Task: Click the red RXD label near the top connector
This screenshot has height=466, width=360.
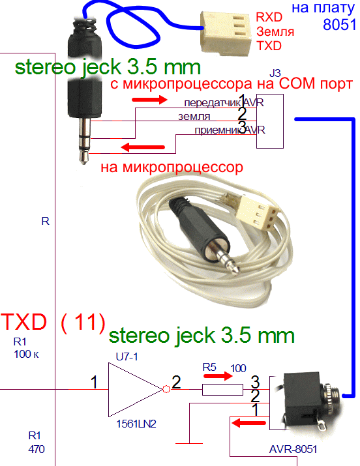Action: click(269, 17)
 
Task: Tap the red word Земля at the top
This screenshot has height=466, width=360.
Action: click(275, 31)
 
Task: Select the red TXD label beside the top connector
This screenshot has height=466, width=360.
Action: click(269, 46)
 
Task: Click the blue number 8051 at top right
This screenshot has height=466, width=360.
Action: click(340, 24)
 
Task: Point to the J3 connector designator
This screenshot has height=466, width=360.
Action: click(275, 73)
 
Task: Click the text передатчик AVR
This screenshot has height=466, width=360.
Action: click(224, 103)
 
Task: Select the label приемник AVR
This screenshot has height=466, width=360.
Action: click(230, 130)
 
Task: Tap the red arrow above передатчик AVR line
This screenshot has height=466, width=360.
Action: click(149, 100)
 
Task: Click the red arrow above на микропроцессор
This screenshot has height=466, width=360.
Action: click(143, 147)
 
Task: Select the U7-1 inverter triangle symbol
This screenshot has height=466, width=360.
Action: click(135, 389)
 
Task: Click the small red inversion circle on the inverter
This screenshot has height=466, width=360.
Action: click(166, 388)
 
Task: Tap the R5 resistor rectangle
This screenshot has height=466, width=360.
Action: click(222, 390)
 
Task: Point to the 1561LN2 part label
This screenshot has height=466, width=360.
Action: click(136, 424)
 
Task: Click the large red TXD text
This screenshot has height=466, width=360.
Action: click(23, 322)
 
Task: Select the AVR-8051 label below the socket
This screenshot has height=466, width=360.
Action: click(293, 449)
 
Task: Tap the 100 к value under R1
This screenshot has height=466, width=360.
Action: click(26, 355)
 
